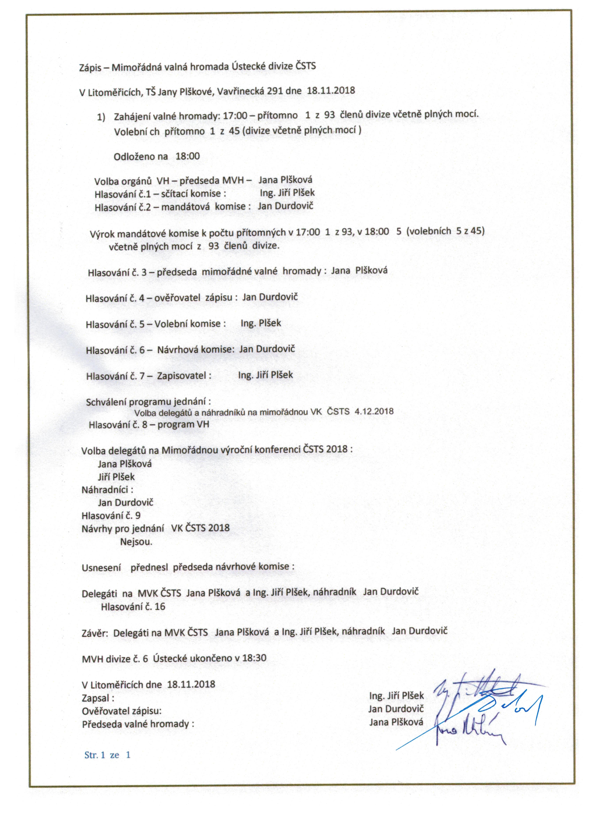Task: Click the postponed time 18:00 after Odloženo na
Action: pyautogui.click(x=188, y=156)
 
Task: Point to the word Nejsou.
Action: pyautogui.click(x=136, y=542)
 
